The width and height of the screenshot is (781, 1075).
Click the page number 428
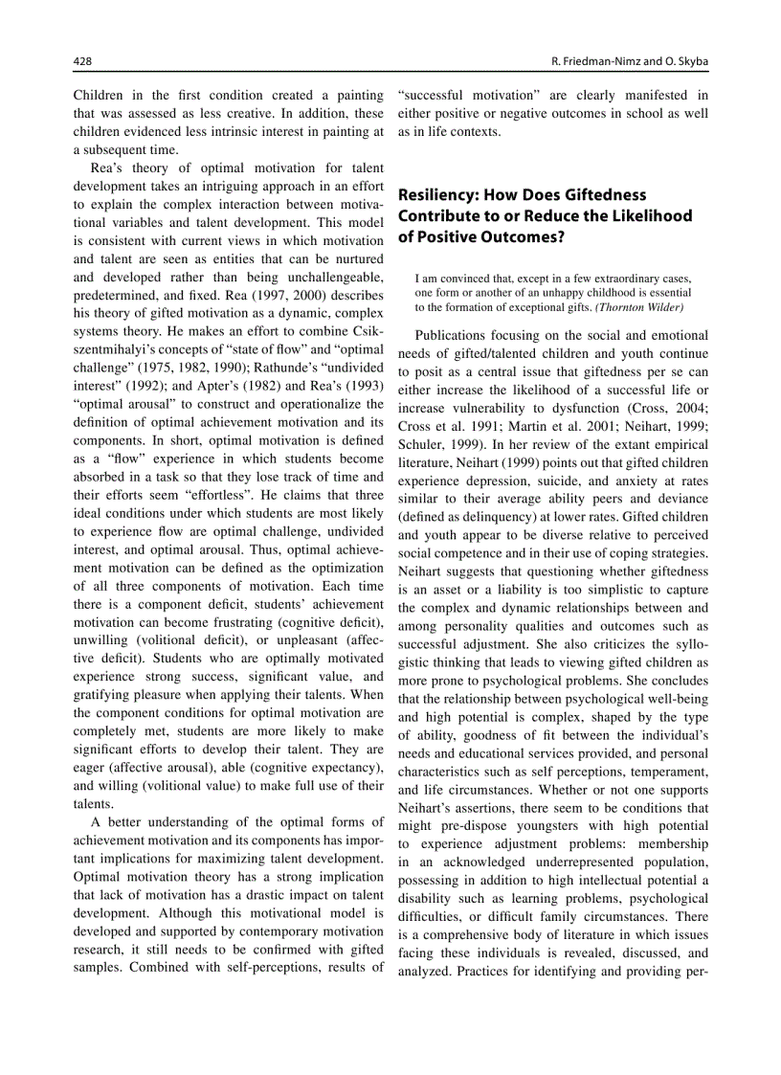[83, 61]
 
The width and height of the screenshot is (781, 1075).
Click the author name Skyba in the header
[689, 61]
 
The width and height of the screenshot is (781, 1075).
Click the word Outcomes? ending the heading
[522, 236]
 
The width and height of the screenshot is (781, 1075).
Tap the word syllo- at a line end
[688, 644]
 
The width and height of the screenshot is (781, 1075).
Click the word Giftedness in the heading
[596, 194]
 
